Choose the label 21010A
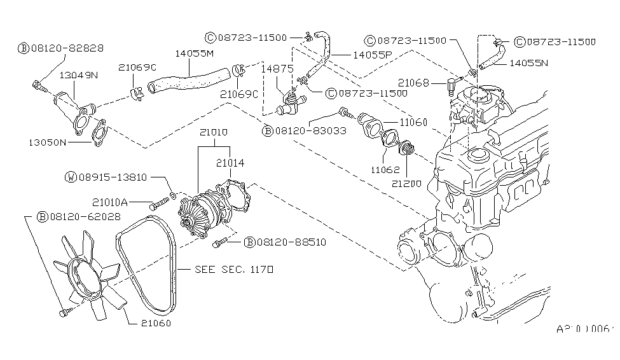click(x=110, y=202)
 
